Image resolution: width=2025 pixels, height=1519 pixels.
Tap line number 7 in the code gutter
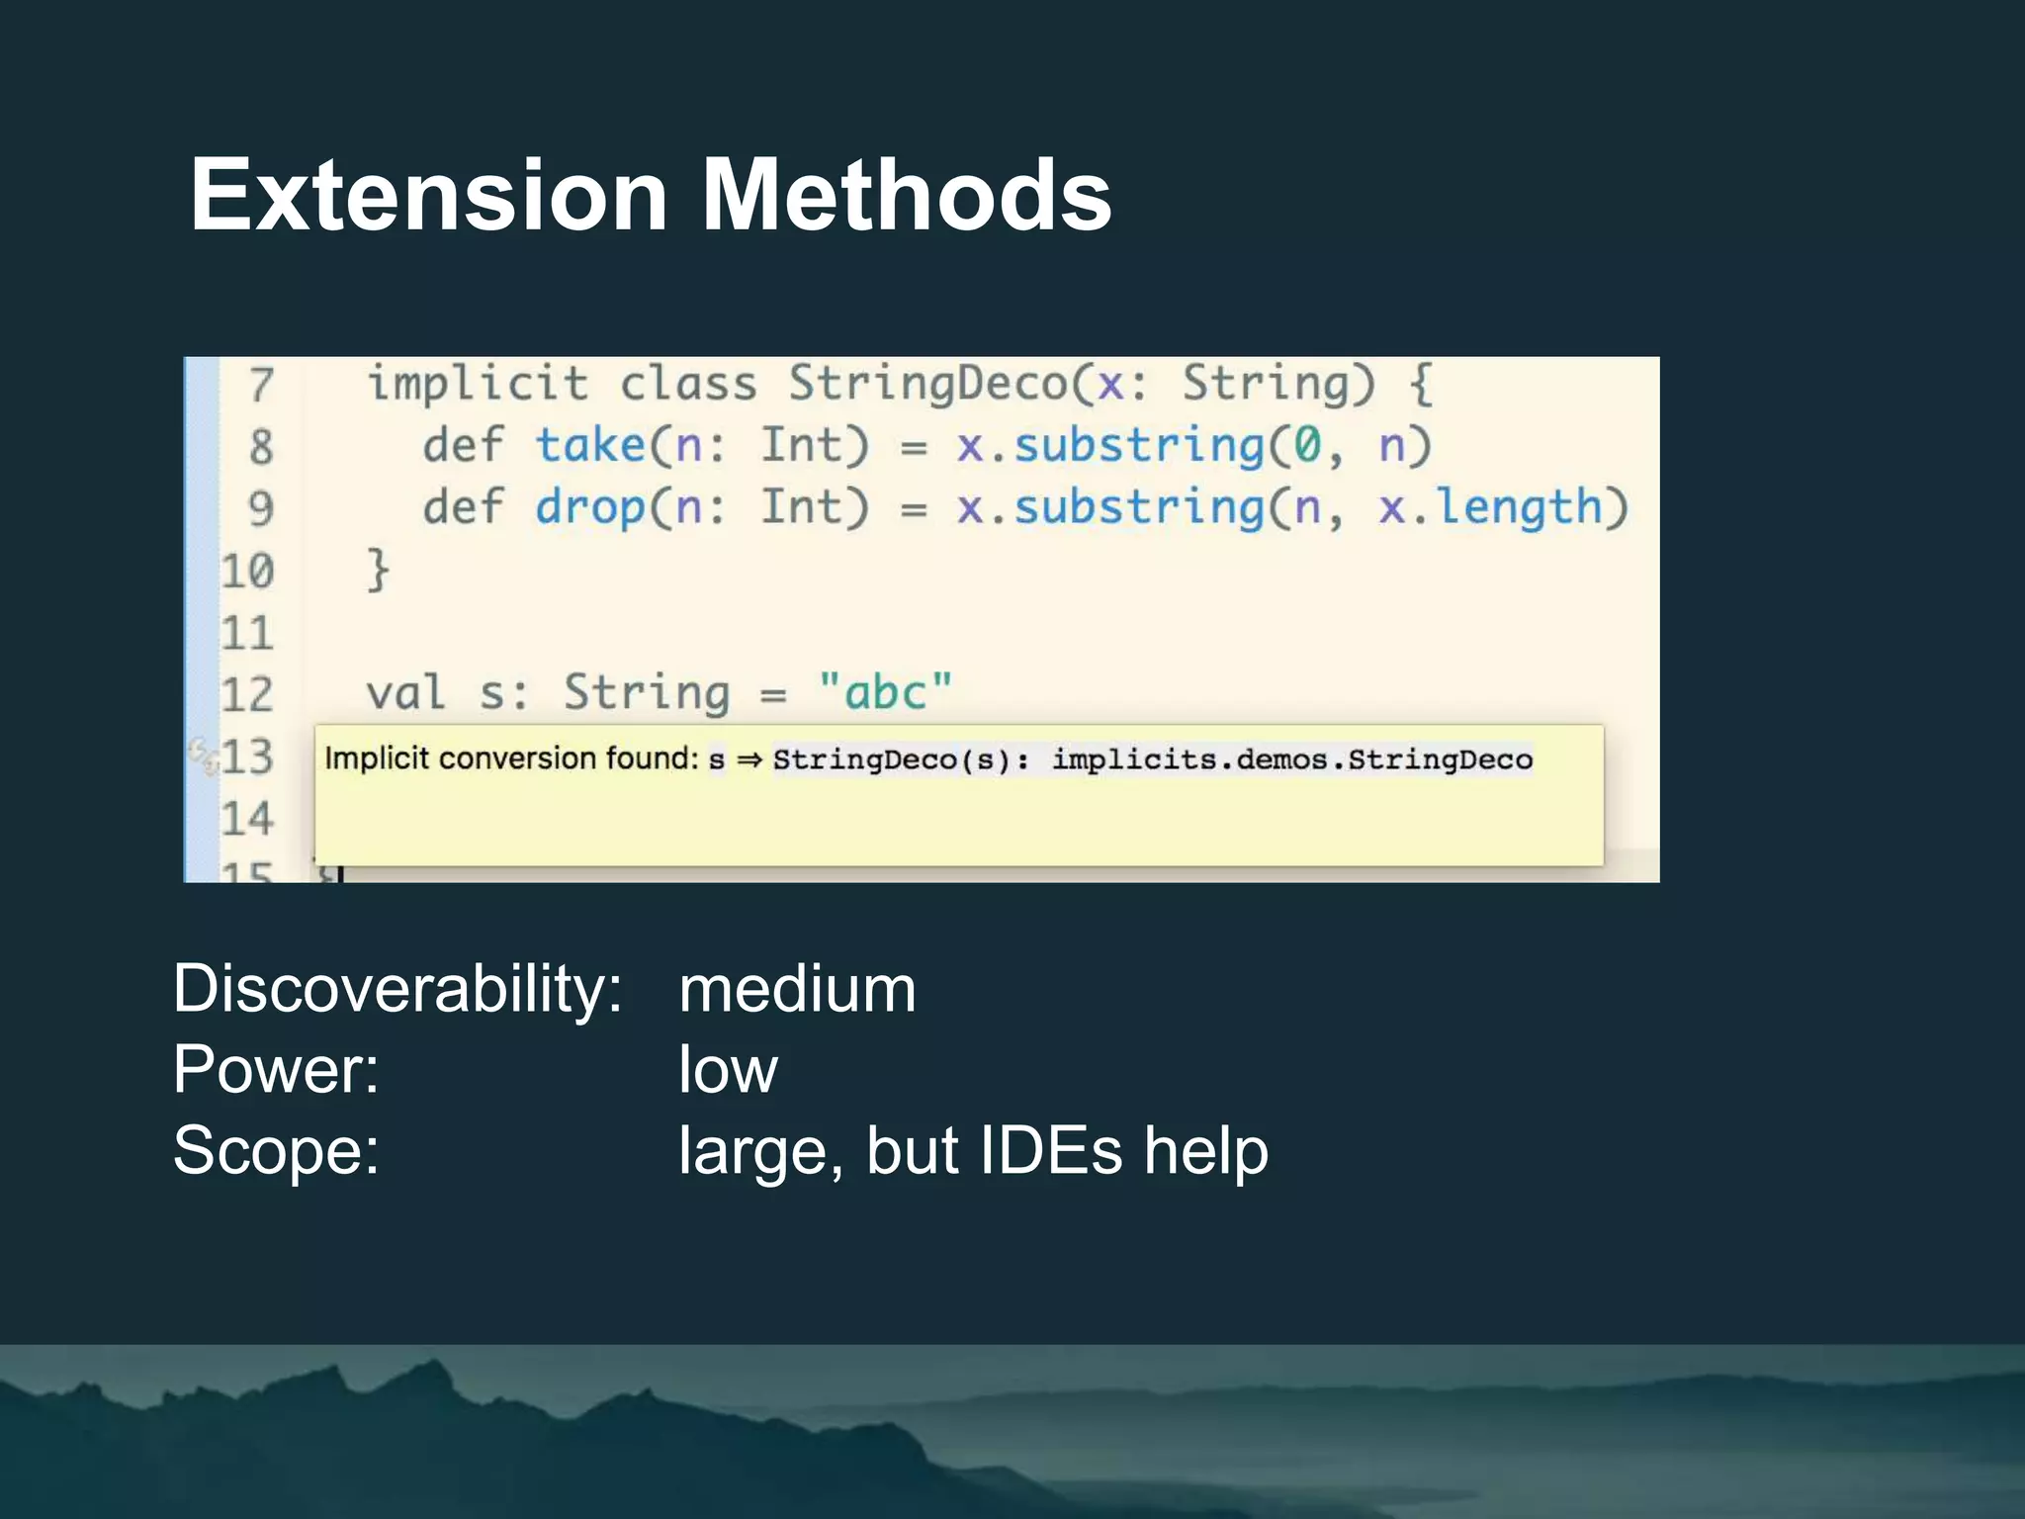260,385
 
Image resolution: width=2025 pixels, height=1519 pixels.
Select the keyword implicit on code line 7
478,384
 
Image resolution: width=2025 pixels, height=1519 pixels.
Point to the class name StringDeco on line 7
927,384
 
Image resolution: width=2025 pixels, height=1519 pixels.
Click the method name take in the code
590,446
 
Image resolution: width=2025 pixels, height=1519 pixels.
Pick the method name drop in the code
590,508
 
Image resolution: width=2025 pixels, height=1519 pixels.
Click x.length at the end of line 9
1490,508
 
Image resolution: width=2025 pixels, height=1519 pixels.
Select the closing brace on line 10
378,571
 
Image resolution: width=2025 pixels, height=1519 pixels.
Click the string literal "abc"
885,692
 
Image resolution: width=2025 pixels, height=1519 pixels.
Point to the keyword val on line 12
405,692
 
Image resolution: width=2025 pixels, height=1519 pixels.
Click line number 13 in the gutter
246,758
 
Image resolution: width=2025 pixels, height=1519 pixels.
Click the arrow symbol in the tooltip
748,759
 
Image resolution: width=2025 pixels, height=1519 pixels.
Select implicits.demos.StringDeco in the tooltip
1291,759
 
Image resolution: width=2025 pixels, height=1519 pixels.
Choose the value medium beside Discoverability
797,990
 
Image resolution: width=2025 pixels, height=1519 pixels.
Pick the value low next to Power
728,1070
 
